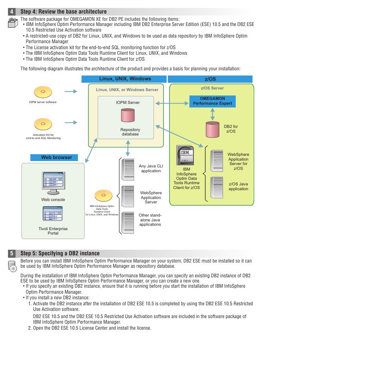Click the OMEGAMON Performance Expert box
click(212, 101)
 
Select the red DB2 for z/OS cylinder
click(213, 129)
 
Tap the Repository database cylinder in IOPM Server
click(128, 115)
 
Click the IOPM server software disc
click(42, 92)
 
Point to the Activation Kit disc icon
click(42, 124)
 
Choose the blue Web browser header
click(57, 157)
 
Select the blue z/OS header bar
click(210, 79)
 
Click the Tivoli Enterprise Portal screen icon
click(53, 214)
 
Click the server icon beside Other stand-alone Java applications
click(128, 222)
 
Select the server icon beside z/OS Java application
click(217, 187)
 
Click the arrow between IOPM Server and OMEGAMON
click(172, 103)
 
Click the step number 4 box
click(12, 12)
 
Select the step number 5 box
click(12, 253)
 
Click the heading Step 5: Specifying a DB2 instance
click(60, 253)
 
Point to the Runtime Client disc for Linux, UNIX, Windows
click(103, 196)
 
